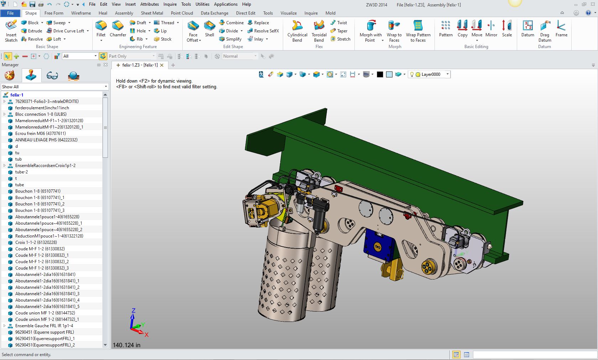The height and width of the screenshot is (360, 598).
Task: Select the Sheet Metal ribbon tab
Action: (152, 13)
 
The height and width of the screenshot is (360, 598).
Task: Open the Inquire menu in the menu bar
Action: (170, 4)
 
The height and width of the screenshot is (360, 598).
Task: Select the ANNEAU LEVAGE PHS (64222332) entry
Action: (46, 140)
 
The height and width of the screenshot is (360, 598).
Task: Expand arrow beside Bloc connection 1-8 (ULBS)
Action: (5, 114)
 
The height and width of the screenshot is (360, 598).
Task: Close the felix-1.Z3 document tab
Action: (162, 65)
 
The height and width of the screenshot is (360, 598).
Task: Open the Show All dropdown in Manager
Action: (54, 87)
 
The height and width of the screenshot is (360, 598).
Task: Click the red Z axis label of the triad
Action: (134, 311)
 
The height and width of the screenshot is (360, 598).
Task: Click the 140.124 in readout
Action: (126, 345)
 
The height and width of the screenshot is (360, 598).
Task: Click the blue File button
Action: (10, 13)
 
